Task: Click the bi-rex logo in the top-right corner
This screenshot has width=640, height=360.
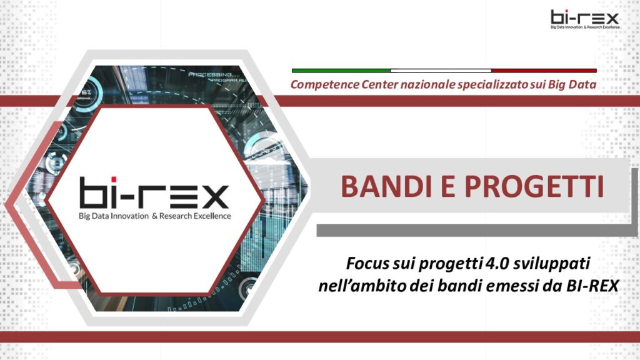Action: pyautogui.click(x=585, y=19)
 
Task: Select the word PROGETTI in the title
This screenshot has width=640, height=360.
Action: pyautogui.click(x=534, y=186)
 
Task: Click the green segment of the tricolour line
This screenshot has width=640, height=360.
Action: pyautogui.click(x=341, y=71)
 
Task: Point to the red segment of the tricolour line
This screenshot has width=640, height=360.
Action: pyautogui.click(x=544, y=71)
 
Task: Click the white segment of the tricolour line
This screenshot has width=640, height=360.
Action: pyautogui.click(x=441, y=71)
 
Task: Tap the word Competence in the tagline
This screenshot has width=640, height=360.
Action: pyautogui.click(x=325, y=84)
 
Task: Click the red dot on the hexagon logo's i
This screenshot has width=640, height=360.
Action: pyautogui.click(x=114, y=179)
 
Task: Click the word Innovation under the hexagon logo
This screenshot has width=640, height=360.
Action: pyautogui.click(x=130, y=216)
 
